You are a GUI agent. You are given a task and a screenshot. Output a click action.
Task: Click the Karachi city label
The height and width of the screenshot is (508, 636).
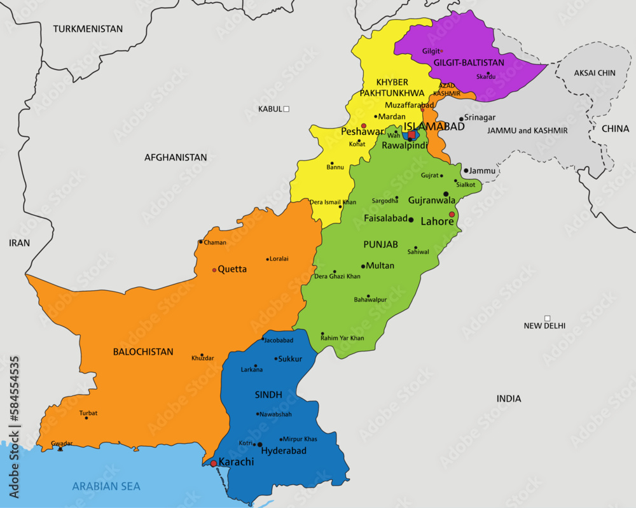(x=236, y=462)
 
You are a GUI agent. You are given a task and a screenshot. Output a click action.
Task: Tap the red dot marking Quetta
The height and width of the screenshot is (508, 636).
(x=214, y=270)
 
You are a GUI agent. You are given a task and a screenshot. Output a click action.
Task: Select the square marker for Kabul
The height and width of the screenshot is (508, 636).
(x=286, y=109)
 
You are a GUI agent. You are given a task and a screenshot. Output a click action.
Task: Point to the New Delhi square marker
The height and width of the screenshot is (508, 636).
(x=547, y=318)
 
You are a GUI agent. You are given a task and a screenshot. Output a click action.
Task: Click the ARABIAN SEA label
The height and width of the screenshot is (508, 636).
(x=106, y=486)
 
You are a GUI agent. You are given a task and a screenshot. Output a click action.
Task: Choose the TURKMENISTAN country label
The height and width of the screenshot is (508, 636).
(x=88, y=29)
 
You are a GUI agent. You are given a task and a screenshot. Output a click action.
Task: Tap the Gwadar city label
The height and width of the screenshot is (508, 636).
(x=62, y=443)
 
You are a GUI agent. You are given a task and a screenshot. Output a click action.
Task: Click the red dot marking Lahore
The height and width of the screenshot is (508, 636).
(x=452, y=215)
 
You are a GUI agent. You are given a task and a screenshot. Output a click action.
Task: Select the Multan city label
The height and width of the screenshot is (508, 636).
(x=380, y=265)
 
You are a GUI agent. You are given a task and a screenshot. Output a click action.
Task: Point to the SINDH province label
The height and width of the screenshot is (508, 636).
(x=268, y=395)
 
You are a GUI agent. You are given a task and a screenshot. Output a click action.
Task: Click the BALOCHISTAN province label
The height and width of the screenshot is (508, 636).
(x=143, y=351)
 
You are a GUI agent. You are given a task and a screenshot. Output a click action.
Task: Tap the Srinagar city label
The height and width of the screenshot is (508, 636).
(x=480, y=118)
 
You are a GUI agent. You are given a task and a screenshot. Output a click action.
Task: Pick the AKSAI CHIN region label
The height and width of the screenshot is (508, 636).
(x=595, y=73)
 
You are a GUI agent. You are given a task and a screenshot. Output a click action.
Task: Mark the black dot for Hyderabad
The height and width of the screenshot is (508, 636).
(x=260, y=444)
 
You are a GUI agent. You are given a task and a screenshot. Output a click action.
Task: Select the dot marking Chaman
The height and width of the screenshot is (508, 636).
(x=201, y=241)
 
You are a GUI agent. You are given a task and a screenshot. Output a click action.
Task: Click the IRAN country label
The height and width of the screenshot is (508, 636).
(x=19, y=243)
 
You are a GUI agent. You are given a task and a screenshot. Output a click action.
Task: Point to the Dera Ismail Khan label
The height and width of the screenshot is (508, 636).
(x=333, y=202)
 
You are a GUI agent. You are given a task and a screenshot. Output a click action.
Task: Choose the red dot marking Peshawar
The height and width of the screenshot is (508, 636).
(x=364, y=126)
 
